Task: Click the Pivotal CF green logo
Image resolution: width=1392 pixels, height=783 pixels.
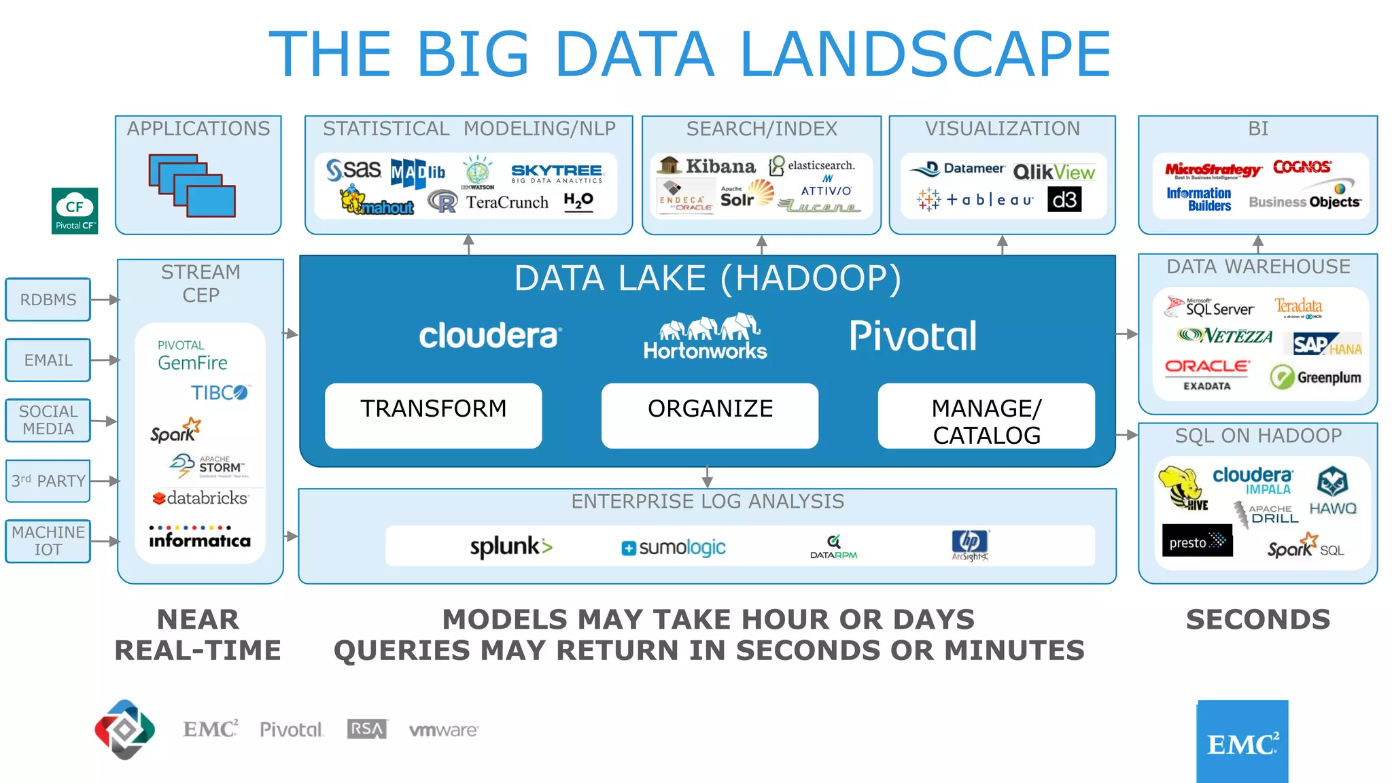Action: (75, 211)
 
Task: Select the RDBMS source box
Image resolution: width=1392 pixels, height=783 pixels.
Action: (48, 300)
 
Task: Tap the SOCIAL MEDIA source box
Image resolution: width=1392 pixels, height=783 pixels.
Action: (48, 420)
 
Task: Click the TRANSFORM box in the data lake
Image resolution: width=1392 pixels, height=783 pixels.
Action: (433, 415)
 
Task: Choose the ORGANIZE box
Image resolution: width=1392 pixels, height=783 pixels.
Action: (710, 415)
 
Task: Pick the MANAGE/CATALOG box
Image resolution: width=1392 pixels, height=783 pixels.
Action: (986, 415)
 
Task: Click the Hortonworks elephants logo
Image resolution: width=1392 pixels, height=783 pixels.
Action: (706, 336)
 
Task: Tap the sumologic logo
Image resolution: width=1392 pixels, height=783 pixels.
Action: (674, 547)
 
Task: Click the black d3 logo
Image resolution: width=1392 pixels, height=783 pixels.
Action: (1064, 200)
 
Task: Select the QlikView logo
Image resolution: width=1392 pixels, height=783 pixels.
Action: (1054, 172)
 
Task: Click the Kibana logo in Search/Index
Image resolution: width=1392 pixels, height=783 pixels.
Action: (708, 166)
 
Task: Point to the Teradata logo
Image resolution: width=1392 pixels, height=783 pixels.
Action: (1298, 307)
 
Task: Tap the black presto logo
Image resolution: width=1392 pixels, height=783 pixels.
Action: (1197, 541)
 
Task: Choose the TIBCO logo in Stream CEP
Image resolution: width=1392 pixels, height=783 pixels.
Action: (220, 393)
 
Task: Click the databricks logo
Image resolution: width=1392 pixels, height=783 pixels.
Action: (201, 498)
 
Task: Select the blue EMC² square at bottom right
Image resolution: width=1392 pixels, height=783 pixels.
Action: (1242, 742)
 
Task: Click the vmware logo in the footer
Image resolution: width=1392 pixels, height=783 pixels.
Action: (444, 730)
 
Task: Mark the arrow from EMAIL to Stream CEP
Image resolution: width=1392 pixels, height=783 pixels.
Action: (105, 360)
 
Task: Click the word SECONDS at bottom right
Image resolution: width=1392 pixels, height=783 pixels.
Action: (1258, 620)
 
